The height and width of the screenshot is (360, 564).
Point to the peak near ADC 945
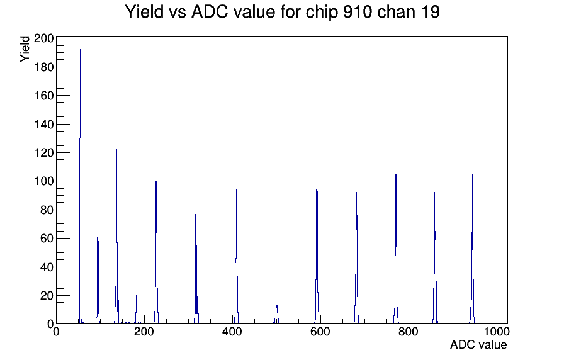[472, 249]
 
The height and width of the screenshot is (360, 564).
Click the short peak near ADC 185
[137, 306]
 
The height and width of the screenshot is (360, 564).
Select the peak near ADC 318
[196, 269]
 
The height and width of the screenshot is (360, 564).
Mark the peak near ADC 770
[396, 249]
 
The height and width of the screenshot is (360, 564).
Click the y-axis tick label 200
[43, 38]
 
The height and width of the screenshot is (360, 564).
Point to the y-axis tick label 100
[43, 181]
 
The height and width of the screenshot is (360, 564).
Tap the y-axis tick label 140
[43, 124]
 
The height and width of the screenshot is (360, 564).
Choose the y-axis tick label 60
[47, 238]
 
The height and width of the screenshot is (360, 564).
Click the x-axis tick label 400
[232, 331]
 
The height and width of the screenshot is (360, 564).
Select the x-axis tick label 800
[409, 331]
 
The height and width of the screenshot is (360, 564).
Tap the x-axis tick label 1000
[497, 331]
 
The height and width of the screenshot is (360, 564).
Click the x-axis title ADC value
[478, 344]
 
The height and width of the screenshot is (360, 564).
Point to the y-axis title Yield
[25, 49]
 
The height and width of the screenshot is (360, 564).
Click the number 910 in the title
[356, 12]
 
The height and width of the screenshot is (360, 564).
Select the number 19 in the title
[431, 12]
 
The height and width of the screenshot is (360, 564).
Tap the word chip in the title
[322, 13]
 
